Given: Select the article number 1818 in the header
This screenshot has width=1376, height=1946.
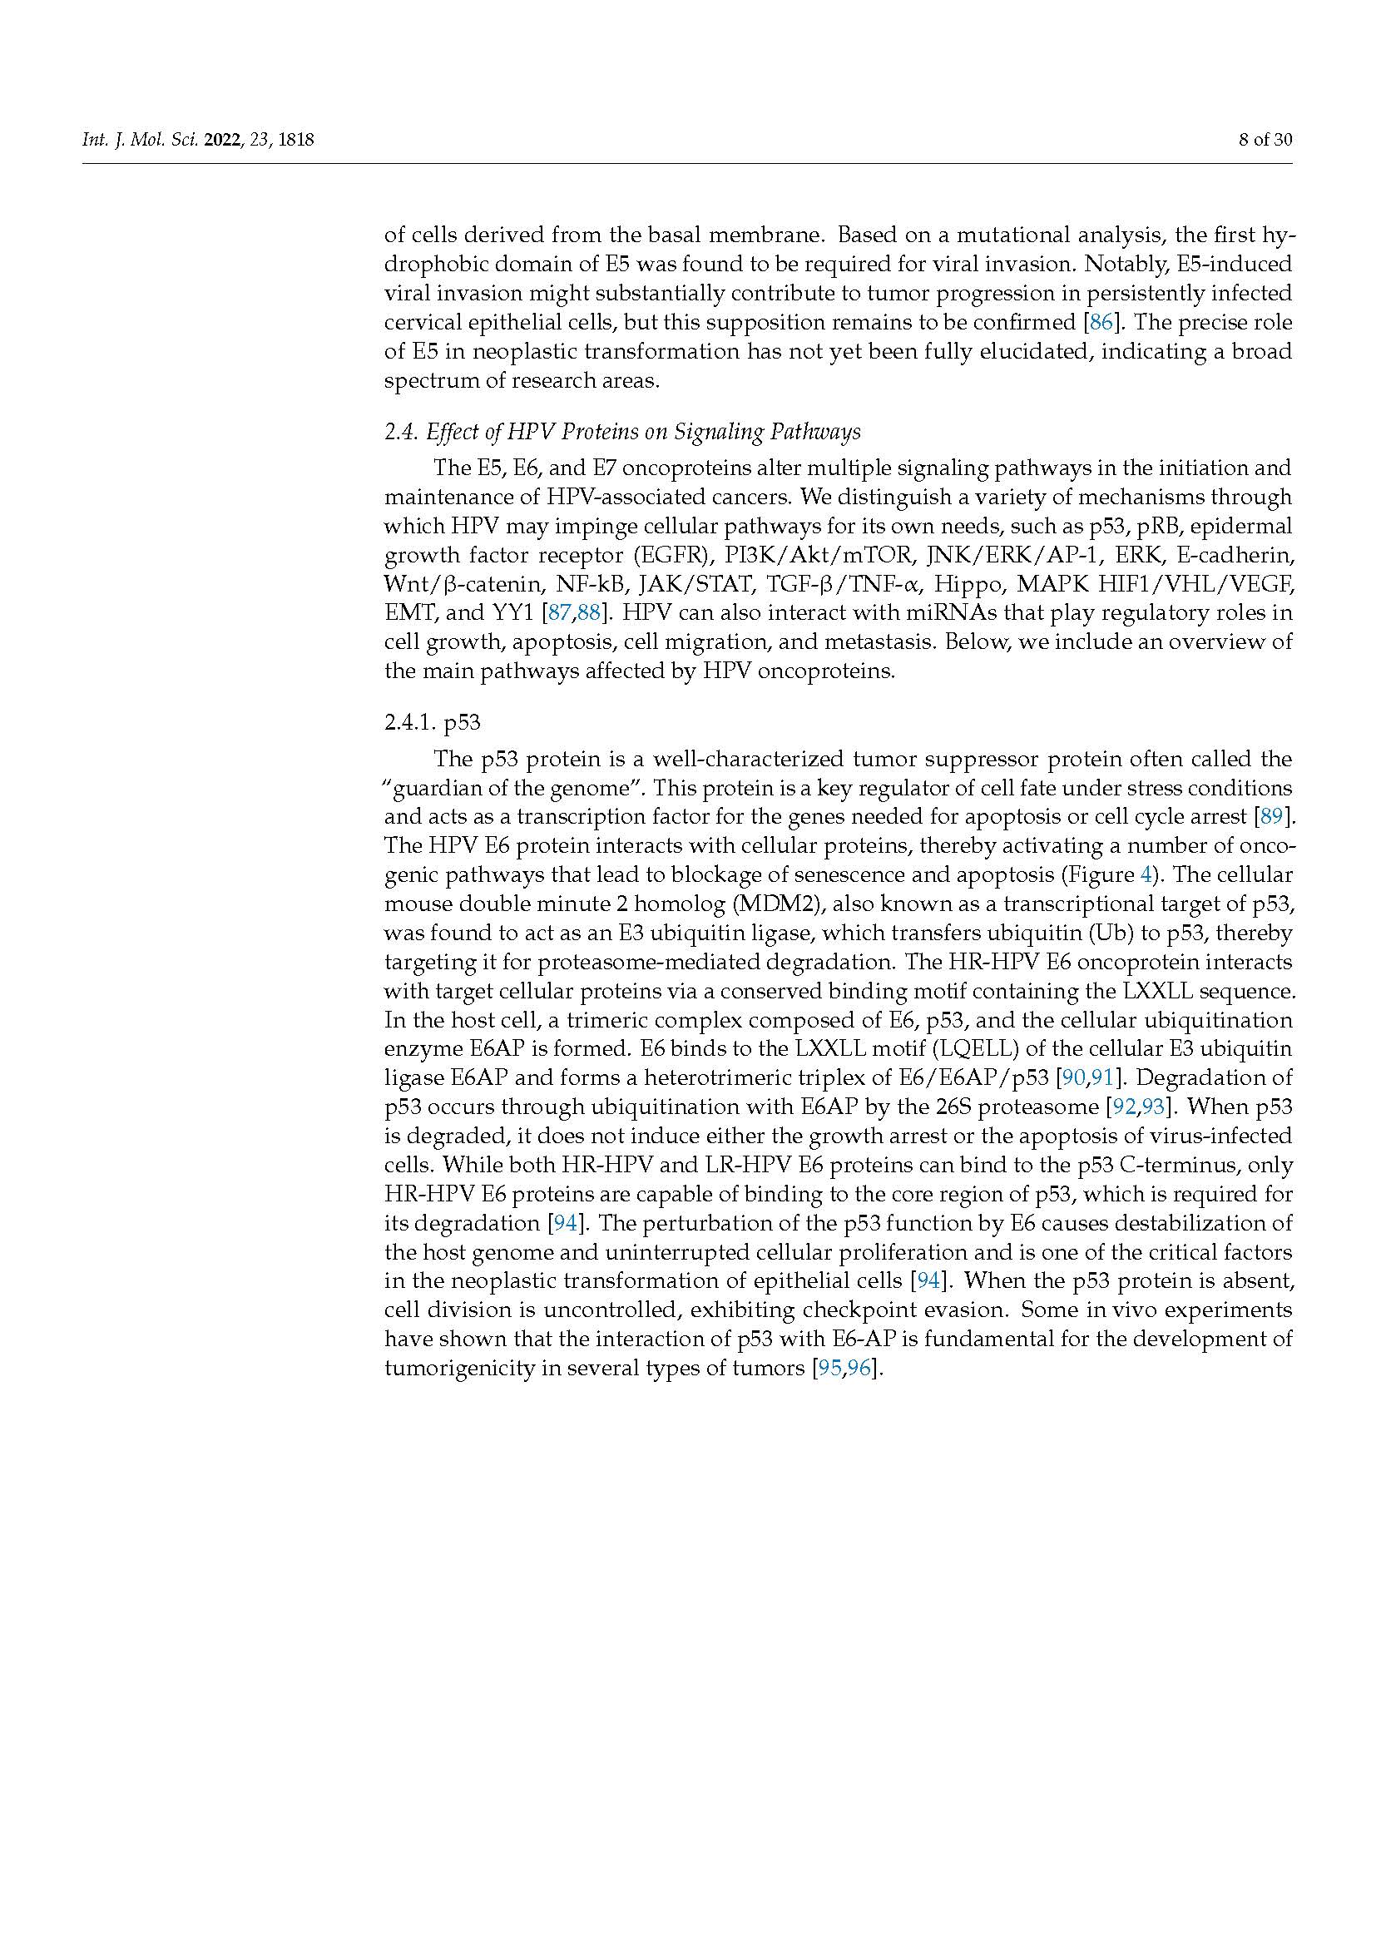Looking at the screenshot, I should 295,140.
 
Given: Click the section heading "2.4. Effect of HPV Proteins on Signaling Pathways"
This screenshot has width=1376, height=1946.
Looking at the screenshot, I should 623,433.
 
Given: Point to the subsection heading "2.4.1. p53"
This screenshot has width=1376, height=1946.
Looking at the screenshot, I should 432,723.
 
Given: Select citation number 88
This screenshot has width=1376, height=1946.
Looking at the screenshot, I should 588,613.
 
